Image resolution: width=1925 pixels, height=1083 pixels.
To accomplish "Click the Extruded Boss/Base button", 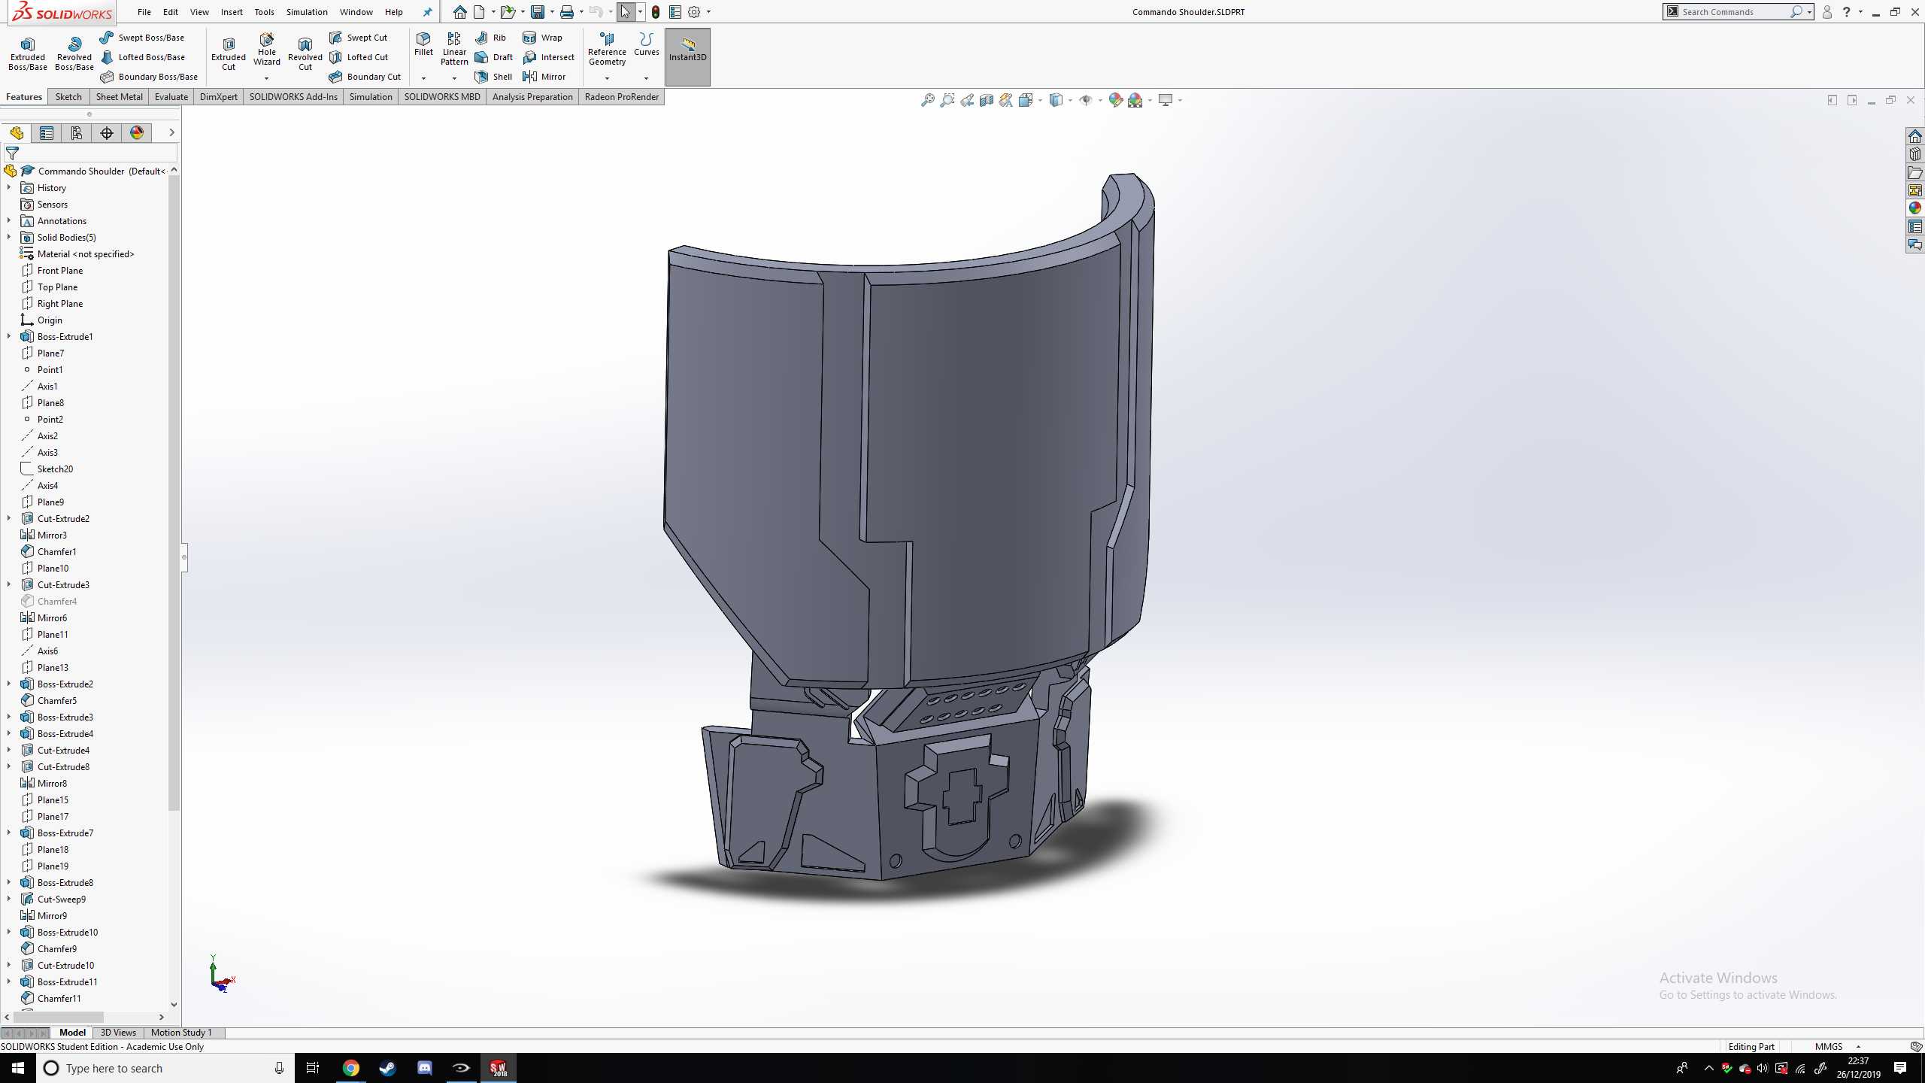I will pyautogui.click(x=28, y=53).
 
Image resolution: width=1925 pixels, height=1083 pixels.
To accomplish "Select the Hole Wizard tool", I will pyautogui.click(x=266, y=50).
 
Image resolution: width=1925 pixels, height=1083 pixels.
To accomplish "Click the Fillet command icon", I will pyautogui.click(x=423, y=44).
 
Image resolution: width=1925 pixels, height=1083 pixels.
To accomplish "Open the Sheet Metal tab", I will pyautogui.click(x=119, y=97).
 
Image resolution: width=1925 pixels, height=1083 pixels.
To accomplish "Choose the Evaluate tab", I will pyautogui.click(x=171, y=97).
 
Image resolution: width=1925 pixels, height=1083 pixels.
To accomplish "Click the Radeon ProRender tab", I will pyautogui.click(x=621, y=97).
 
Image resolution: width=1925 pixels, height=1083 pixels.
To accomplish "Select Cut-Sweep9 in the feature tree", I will pyautogui.click(x=62, y=899).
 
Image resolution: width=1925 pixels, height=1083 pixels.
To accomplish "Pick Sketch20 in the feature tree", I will pyautogui.click(x=55, y=469).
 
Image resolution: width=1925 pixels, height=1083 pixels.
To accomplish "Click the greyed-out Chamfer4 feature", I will pyautogui.click(x=56, y=601).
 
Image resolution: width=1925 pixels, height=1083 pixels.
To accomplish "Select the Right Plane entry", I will pyautogui.click(x=59, y=303).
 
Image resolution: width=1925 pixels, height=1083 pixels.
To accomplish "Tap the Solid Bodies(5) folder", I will pyautogui.click(x=66, y=237).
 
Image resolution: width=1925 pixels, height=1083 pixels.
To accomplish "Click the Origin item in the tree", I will pyautogui.click(x=50, y=320).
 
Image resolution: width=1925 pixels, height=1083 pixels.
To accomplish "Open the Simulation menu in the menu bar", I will pyautogui.click(x=307, y=12).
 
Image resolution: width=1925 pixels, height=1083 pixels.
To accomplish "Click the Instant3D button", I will pyautogui.click(x=687, y=50).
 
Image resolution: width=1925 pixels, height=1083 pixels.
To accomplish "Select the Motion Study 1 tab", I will pyautogui.click(x=181, y=1033).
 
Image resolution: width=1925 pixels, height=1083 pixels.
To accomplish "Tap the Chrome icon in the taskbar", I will pyautogui.click(x=351, y=1068).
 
